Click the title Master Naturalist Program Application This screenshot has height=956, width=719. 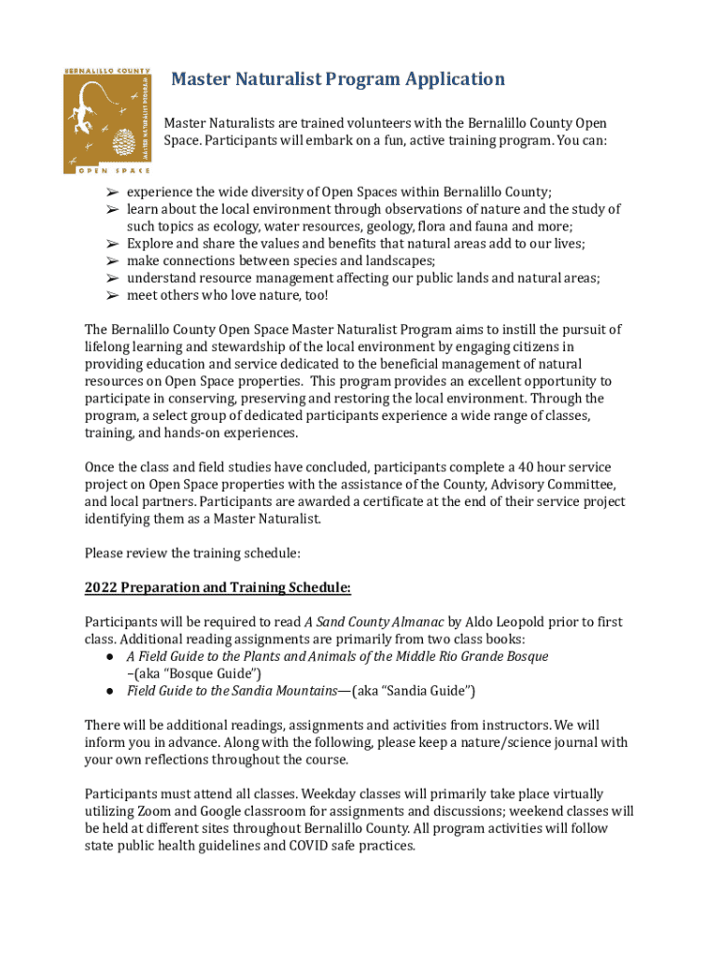(337, 79)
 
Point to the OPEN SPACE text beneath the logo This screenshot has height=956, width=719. (105, 170)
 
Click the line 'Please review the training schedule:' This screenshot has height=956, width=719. (192, 554)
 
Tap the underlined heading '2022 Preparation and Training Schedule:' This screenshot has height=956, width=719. (218, 587)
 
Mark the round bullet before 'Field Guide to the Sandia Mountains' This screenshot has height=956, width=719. (109, 691)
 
